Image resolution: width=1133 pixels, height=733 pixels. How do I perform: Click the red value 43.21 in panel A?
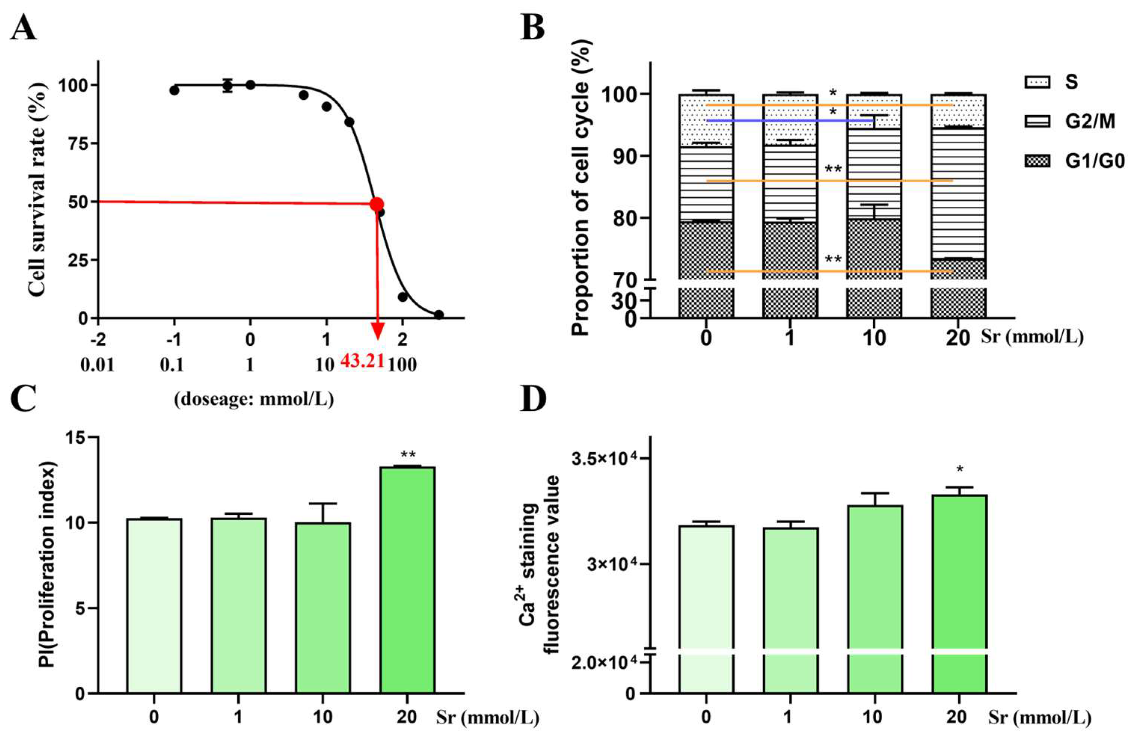(x=362, y=361)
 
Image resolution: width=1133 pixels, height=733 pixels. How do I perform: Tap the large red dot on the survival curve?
(x=377, y=204)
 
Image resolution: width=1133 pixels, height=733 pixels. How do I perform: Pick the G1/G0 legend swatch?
(x=1037, y=161)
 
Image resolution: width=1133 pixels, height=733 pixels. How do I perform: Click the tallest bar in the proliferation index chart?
(x=407, y=580)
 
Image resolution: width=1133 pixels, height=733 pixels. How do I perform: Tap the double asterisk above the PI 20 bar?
(x=408, y=454)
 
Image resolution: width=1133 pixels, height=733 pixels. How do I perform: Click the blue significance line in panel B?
(x=790, y=121)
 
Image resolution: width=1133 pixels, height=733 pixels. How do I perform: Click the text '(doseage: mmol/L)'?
(x=254, y=399)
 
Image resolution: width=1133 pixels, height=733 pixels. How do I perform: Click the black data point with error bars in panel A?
(x=228, y=86)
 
